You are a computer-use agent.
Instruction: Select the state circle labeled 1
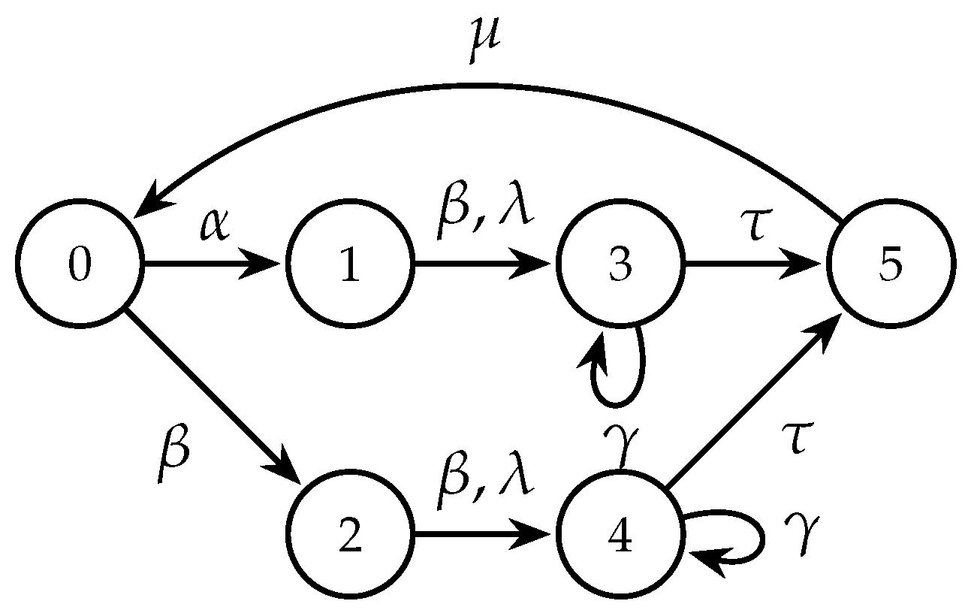point(349,264)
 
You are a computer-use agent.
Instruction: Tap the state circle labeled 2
point(349,535)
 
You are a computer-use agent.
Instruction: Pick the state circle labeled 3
point(620,264)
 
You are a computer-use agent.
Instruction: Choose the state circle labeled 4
point(620,535)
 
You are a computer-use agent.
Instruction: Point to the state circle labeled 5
point(891,264)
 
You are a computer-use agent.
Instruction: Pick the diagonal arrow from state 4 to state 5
point(755,400)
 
